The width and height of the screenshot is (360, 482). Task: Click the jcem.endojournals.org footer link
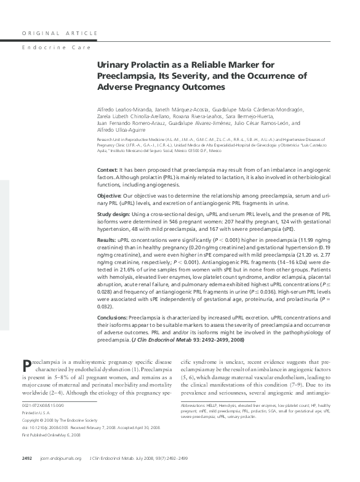coord(61,475)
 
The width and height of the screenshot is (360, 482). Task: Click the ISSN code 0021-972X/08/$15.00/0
coord(42,406)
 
